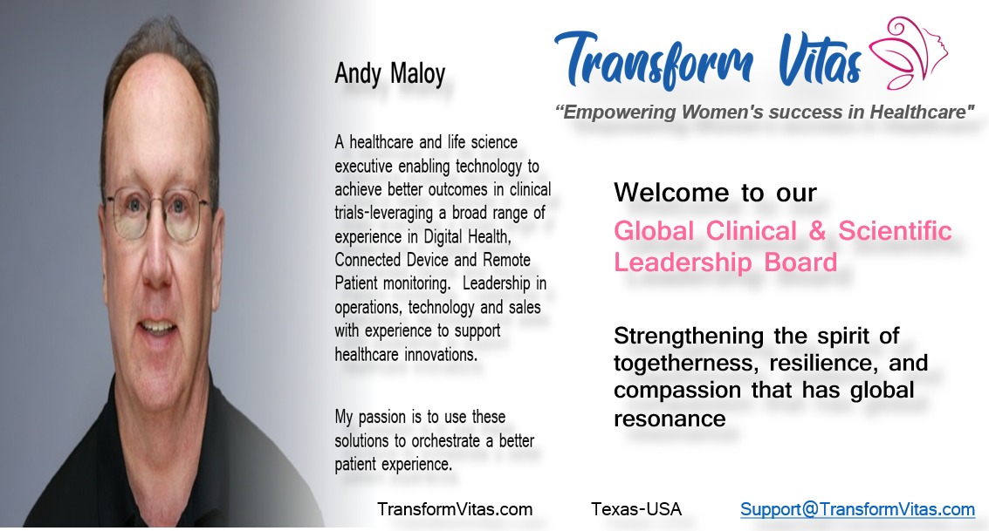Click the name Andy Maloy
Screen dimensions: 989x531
390,74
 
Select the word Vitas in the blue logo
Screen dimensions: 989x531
820,60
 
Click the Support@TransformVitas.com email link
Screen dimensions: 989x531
858,509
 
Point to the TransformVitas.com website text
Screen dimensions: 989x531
455,509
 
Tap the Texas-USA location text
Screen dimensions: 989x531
636,509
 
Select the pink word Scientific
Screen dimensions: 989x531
895,230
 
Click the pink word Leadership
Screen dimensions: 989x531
683,262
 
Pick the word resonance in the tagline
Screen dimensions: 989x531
670,419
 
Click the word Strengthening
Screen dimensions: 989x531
689,337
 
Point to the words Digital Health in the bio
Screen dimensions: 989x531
467,237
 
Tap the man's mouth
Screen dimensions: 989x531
157,328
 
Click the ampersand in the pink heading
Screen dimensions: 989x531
817,231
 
